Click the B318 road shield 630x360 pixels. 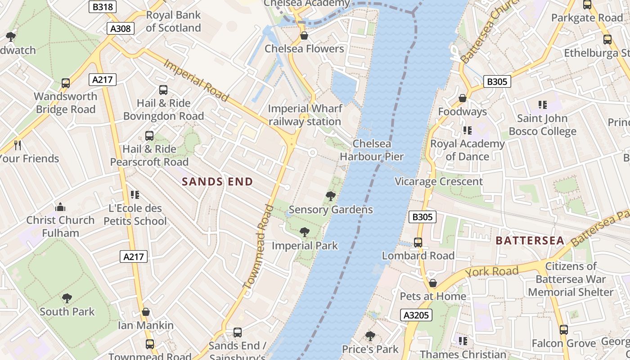coord(103,7)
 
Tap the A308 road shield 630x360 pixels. coord(121,29)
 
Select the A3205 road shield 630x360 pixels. coord(416,315)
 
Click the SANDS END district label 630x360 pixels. coord(217,182)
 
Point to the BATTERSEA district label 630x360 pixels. coord(530,241)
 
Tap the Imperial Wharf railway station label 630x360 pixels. coord(305,115)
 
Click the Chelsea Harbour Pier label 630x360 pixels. coord(372,150)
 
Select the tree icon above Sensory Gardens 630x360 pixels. coord(331,196)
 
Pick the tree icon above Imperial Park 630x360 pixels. coord(305,232)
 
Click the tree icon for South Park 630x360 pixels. coord(67,298)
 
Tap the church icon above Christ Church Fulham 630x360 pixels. coord(60,207)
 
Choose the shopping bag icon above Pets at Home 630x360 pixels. coord(432,283)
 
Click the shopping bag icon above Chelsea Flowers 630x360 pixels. coord(304,36)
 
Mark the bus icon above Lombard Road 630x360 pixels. coord(418,243)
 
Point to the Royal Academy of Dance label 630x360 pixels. coord(468,150)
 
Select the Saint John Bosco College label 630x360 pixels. coord(542,125)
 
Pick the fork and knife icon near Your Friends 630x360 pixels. coord(18,145)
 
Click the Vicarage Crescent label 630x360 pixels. coord(439,181)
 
